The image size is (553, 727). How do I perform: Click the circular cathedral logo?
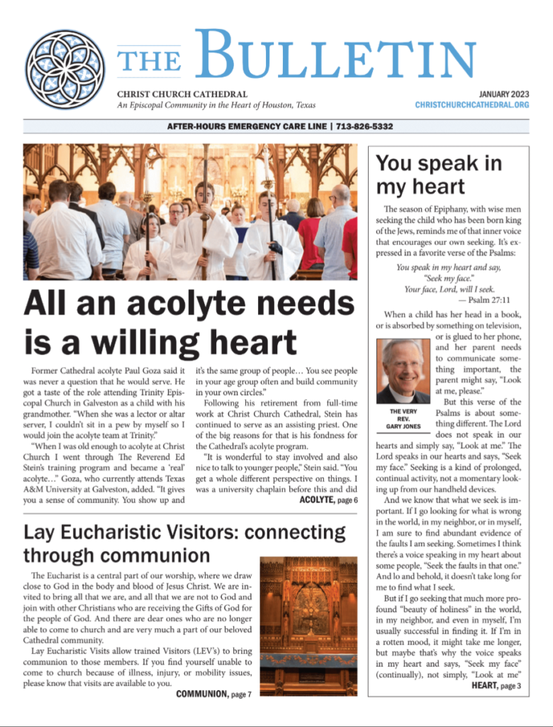(65, 69)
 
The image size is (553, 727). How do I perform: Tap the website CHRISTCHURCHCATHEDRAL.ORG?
(472, 105)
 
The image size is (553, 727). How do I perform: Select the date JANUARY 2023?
(503, 94)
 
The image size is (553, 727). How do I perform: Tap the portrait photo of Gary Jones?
(403, 371)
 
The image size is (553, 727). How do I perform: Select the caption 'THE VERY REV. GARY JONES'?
(403, 420)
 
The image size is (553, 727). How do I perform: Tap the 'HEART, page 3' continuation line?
(496, 686)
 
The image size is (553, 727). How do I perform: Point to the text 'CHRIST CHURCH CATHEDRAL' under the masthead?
(182, 94)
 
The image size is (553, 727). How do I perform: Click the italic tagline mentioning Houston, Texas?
(206, 105)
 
